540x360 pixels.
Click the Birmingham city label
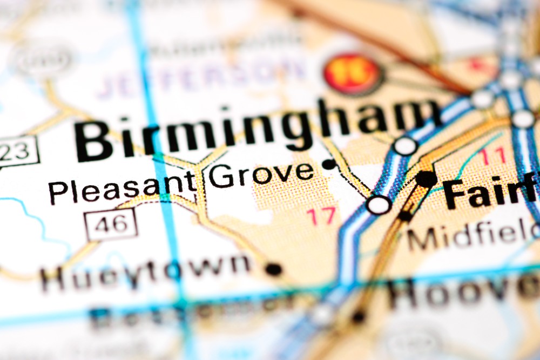(x=254, y=130)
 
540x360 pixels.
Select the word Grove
(x=261, y=174)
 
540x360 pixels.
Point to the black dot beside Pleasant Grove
(x=329, y=164)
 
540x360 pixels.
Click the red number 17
(x=322, y=215)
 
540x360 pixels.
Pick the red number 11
(x=494, y=157)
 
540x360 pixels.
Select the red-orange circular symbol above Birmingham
(x=353, y=73)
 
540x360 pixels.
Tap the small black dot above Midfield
(x=405, y=215)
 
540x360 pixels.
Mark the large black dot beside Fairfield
(x=426, y=179)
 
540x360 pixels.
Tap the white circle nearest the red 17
(x=379, y=205)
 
